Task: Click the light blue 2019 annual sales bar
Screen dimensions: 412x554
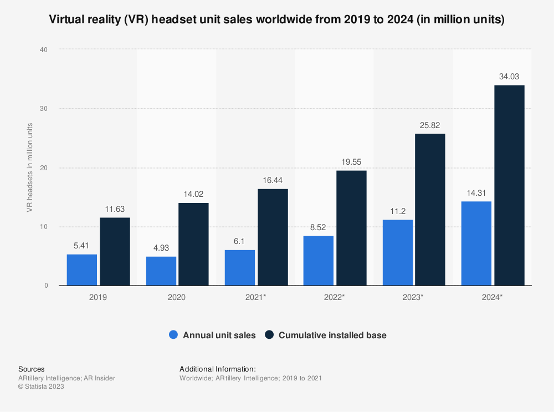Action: [82, 270]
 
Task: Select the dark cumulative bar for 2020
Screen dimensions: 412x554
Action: [193, 244]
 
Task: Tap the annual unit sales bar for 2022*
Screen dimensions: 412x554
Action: [318, 261]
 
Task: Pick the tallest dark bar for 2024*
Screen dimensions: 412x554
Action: [509, 185]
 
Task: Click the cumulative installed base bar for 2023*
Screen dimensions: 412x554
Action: [430, 210]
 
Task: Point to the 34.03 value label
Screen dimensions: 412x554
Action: [509, 77]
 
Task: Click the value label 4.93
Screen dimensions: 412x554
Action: [161, 248]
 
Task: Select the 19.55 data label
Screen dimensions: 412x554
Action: [351, 162]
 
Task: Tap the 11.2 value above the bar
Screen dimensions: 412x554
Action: [397, 211]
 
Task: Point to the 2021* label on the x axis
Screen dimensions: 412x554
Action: [256, 297]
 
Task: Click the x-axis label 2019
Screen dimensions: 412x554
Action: [98, 297]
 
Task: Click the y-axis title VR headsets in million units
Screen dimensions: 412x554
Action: [29, 167]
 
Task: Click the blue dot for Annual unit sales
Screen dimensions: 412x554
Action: [174, 335]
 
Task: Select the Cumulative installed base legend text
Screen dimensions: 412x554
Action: [332, 335]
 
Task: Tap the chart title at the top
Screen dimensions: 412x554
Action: [276, 20]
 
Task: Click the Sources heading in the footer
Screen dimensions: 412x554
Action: [32, 369]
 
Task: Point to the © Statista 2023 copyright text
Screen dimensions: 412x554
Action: [41, 387]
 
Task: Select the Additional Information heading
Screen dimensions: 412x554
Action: [217, 369]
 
